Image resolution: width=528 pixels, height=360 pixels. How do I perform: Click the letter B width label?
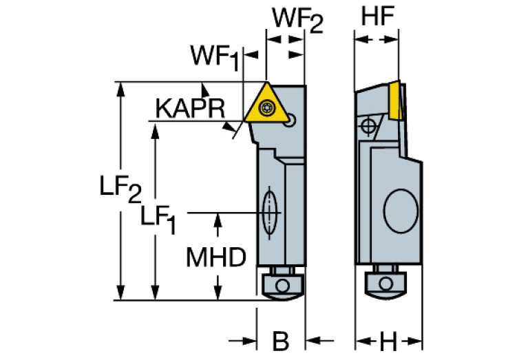(x=279, y=340)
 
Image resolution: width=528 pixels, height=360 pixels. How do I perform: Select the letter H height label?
(x=388, y=340)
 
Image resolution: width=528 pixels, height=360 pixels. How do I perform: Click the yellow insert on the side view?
(x=396, y=100)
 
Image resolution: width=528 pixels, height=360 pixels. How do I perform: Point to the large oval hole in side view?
(x=401, y=211)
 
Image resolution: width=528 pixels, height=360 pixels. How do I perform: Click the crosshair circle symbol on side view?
(x=368, y=126)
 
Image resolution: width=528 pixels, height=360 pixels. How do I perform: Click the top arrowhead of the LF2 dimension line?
(x=123, y=87)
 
